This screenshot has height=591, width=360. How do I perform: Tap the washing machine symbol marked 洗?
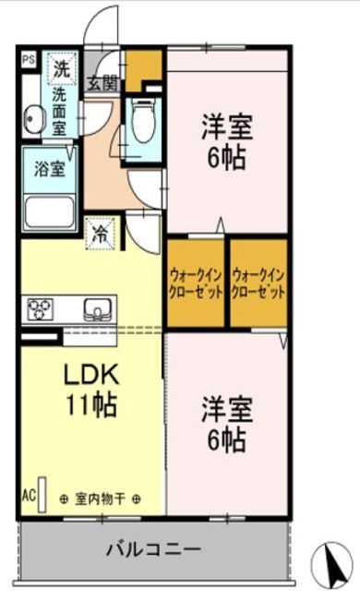coord(60,66)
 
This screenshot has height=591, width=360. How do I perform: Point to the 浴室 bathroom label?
coord(49,170)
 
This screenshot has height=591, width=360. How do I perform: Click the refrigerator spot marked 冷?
coord(98,231)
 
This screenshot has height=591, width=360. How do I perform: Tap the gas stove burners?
coord(42,307)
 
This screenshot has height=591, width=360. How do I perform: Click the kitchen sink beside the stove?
coord(96,307)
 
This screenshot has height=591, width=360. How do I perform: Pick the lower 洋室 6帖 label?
coord(224,425)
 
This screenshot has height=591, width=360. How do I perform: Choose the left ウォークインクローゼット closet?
coord(196,283)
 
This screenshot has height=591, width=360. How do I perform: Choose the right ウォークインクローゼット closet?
coord(258,283)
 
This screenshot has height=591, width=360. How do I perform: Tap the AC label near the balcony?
coord(29,496)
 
